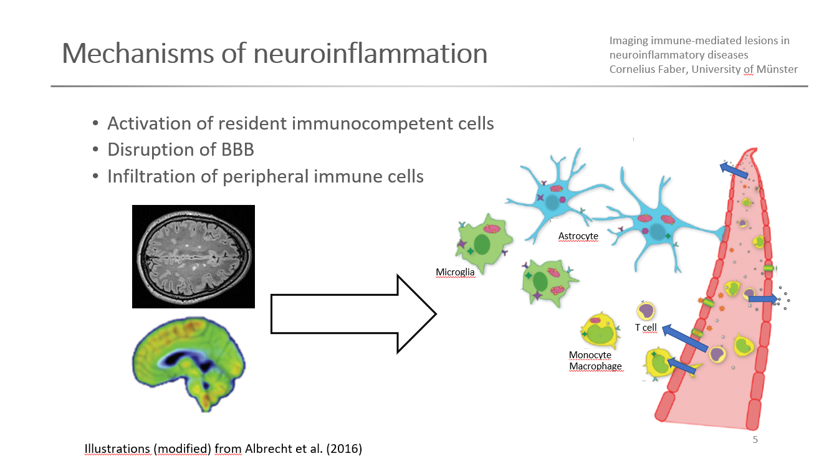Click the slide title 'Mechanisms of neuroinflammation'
tap(274, 54)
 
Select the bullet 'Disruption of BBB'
tap(180, 150)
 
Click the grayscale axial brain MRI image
tap(193, 256)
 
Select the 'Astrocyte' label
tap(578, 236)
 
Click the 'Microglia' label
tap(455, 272)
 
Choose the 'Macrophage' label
tap(595, 366)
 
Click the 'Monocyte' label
tap(590, 355)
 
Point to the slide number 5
tap(755, 440)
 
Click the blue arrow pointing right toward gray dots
tap(762, 300)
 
